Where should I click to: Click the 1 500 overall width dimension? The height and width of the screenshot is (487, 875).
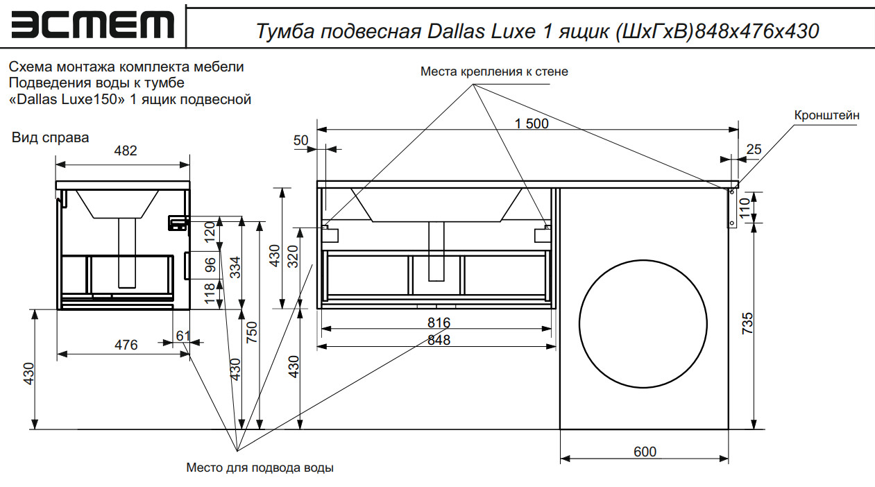point(532,123)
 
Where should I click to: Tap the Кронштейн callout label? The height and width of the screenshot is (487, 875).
point(827,115)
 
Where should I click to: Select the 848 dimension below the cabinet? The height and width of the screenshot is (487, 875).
point(439,340)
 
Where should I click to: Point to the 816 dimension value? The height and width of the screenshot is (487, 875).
point(439,323)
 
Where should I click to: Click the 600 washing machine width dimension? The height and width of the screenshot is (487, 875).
point(645,452)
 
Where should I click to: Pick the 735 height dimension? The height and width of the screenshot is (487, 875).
point(747,324)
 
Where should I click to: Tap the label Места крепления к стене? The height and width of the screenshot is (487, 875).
point(494,71)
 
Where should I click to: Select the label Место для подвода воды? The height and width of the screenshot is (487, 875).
point(260,468)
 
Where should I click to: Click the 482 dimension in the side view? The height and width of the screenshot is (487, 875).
point(126,151)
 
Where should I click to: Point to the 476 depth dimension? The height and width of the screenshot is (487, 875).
point(126,344)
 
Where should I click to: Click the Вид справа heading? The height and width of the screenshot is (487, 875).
point(51,137)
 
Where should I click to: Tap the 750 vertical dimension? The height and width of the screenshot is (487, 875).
point(253,332)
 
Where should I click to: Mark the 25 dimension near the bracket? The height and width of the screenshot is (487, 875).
point(754,149)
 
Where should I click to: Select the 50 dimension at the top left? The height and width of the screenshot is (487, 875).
point(300,140)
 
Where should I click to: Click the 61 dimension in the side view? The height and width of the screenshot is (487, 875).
point(182,336)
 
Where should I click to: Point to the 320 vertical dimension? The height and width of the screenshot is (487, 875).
point(294,257)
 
